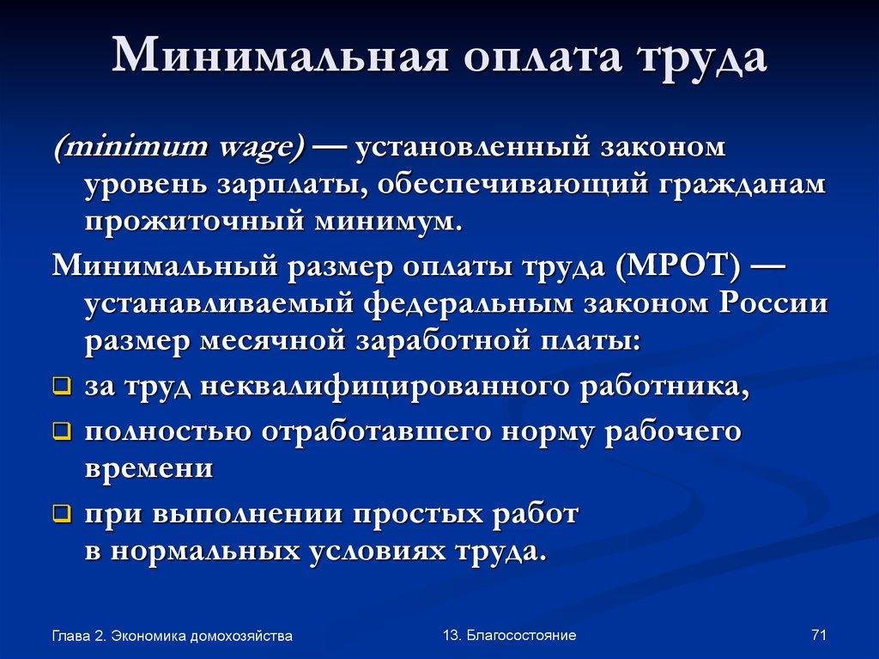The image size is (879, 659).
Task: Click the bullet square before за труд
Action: (x=61, y=387)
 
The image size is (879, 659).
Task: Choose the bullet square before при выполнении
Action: (x=61, y=515)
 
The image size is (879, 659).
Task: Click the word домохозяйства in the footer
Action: (x=241, y=636)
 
